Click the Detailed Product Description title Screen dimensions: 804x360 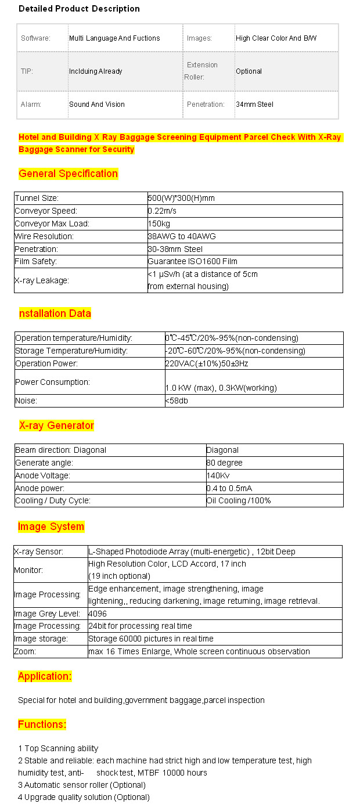click(x=79, y=9)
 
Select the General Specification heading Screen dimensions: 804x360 click(x=68, y=174)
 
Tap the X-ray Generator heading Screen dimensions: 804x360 click(x=56, y=426)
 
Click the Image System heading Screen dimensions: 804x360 click(x=51, y=527)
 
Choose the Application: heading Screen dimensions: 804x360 click(x=45, y=676)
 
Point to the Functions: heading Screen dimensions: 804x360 click(x=42, y=724)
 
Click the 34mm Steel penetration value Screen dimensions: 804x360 click(x=254, y=104)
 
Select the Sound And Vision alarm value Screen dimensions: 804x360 click(x=97, y=104)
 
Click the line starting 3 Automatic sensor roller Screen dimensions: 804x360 click(x=81, y=785)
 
